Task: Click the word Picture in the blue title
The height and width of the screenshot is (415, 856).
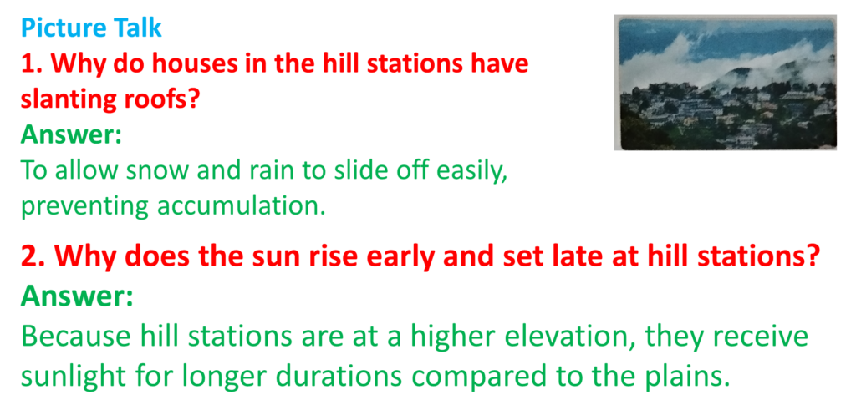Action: [x=64, y=28]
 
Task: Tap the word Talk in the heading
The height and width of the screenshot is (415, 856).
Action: [x=138, y=28]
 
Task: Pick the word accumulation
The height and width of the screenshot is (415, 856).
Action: [x=242, y=205]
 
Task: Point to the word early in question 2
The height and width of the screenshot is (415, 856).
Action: [x=405, y=257]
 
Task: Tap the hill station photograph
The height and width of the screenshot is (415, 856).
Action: [x=725, y=83]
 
